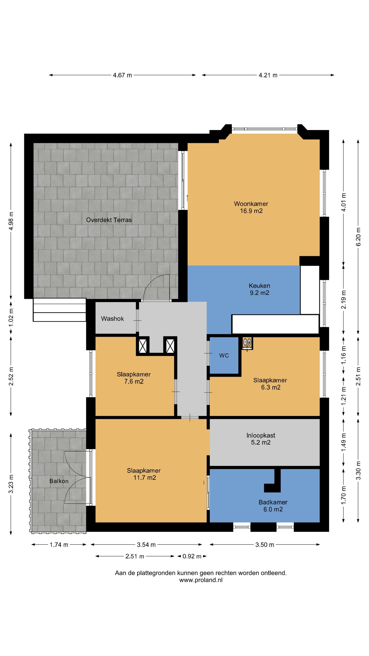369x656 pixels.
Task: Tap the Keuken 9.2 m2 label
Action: pyautogui.click(x=259, y=289)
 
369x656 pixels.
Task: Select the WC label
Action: pyautogui.click(x=224, y=356)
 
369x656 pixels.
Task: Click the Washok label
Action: pyautogui.click(x=112, y=319)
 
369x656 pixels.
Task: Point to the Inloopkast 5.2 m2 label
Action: pyautogui.click(x=261, y=439)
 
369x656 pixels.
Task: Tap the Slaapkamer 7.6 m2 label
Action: pyautogui.click(x=134, y=378)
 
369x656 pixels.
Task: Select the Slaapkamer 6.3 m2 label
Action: pyautogui.click(x=270, y=384)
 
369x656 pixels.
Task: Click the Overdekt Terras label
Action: pyautogui.click(x=109, y=220)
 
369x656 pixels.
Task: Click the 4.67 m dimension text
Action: pyautogui.click(x=122, y=75)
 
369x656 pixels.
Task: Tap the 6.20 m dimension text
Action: pyautogui.click(x=358, y=237)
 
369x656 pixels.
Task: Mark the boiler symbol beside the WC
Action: pyautogui.click(x=247, y=343)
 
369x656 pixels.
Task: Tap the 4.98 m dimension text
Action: pyautogui.click(x=11, y=221)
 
